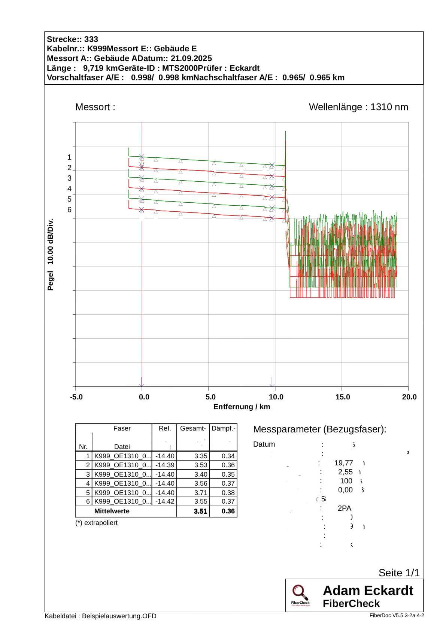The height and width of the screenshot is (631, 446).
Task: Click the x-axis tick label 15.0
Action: (343, 397)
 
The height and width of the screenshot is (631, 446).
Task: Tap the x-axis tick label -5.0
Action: (76, 397)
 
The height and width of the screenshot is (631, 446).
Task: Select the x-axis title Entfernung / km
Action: (242, 407)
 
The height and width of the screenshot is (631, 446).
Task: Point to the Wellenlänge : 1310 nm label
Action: (358, 107)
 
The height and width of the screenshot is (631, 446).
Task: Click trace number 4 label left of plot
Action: (69, 188)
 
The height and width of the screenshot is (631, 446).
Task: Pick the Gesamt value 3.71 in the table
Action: (201, 492)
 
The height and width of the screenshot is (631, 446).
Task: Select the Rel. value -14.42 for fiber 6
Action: (165, 501)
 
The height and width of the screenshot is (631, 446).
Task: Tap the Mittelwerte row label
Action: (112, 511)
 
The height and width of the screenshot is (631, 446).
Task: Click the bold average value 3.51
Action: (200, 511)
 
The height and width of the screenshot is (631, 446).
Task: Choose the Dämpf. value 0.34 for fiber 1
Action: (228, 456)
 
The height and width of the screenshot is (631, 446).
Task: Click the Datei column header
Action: (122, 447)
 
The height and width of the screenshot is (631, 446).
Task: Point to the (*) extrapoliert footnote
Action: (96, 523)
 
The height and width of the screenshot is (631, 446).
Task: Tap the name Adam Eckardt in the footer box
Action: (368, 591)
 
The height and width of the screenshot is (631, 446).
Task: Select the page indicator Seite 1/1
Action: (399, 573)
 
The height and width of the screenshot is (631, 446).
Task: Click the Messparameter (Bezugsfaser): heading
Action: (319, 429)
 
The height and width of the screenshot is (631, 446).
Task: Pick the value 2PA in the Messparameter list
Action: (344, 508)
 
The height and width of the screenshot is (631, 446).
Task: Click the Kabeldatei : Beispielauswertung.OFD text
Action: (100, 616)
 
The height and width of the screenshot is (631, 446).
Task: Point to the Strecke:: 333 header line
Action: (73, 39)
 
